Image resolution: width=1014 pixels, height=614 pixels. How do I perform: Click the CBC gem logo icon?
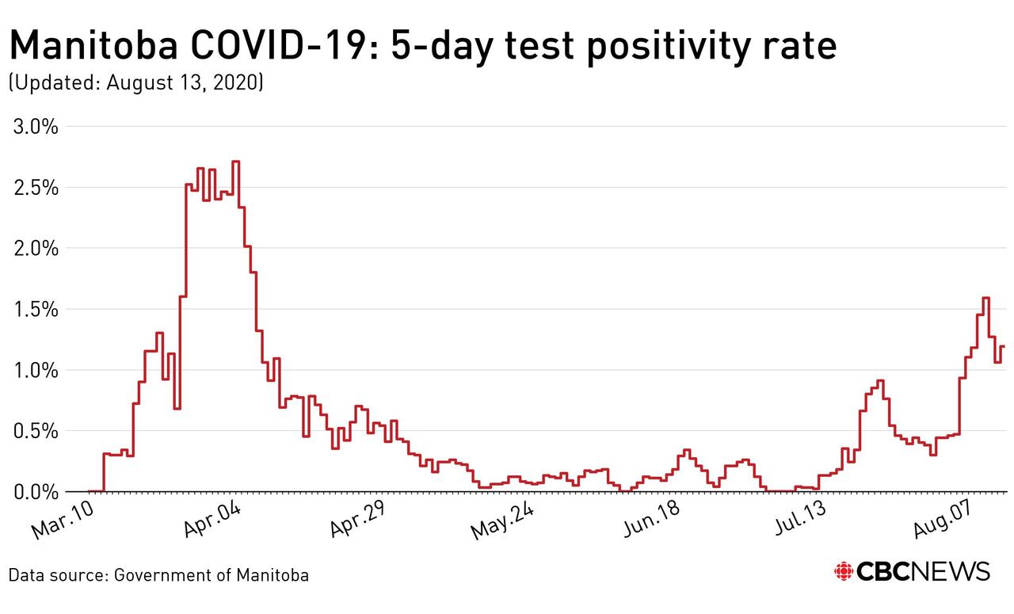click(x=844, y=572)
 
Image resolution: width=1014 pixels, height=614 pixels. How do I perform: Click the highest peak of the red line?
click(x=235, y=162)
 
